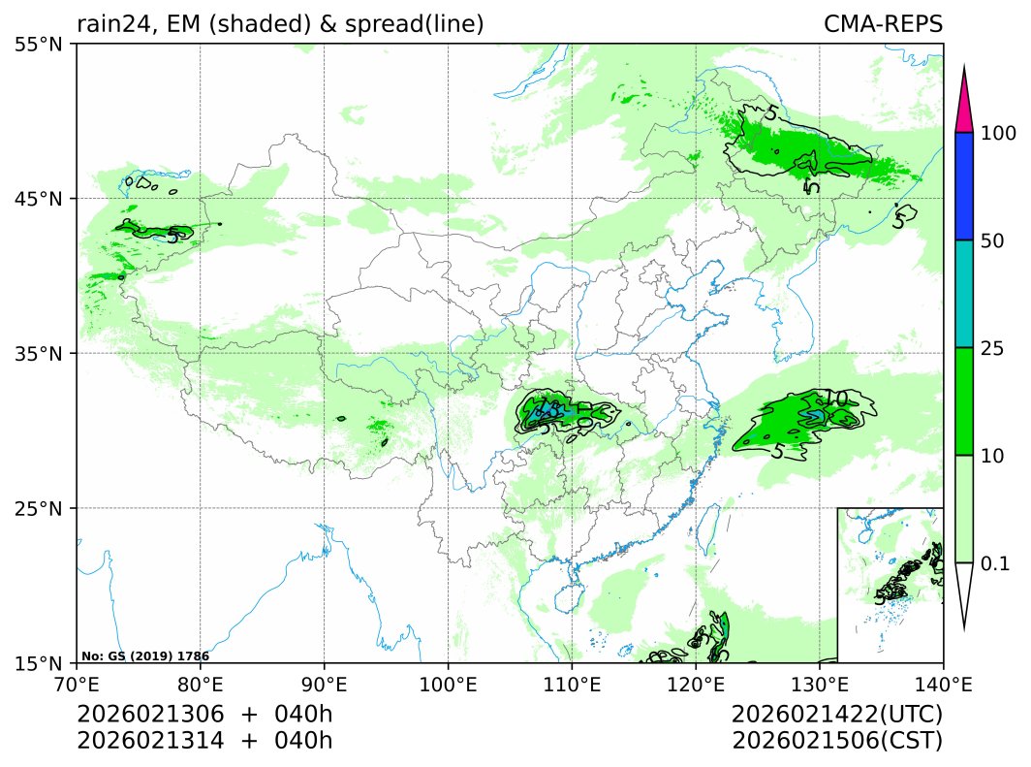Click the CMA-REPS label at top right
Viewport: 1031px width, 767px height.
click(883, 24)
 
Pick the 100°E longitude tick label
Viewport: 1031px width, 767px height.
click(448, 684)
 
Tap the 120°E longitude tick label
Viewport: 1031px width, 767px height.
click(696, 684)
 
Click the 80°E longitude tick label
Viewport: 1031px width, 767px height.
click(201, 684)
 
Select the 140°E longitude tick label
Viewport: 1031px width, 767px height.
click(943, 684)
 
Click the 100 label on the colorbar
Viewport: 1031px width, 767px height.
click(997, 133)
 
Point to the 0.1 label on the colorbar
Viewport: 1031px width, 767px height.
click(995, 563)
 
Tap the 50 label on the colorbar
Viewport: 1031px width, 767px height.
click(992, 240)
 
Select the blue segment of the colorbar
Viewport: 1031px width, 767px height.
click(963, 186)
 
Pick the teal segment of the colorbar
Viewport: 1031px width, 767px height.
click(963, 294)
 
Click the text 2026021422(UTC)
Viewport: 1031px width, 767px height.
click(837, 716)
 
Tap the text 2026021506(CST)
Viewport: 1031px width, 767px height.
click(837, 741)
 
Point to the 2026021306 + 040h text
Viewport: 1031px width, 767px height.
click(204, 716)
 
